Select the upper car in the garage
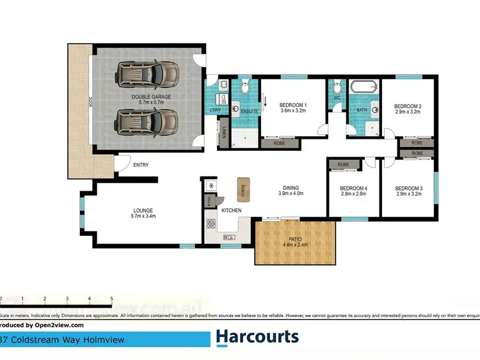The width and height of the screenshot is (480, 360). click(147, 74)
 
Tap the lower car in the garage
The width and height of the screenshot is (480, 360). click(147, 121)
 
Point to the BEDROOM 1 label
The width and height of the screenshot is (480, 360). click(293, 105)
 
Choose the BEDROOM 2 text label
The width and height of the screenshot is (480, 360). click(407, 106)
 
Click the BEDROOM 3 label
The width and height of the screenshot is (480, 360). click(408, 188)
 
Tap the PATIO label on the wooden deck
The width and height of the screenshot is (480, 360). click(294, 239)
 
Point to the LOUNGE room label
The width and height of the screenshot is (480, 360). click(143, 210)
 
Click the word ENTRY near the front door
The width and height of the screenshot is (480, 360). click(141, 165)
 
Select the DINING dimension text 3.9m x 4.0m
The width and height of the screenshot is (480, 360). click(291, 193)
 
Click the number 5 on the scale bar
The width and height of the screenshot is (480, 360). click(111, 299)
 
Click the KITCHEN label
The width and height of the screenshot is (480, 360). click(231, 210)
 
